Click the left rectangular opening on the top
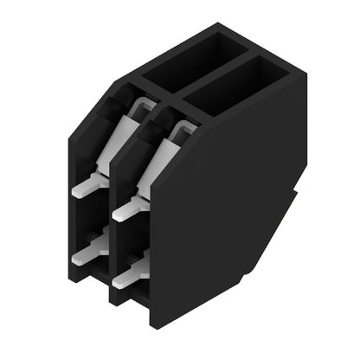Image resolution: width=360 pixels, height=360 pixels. click(x=189, y=58)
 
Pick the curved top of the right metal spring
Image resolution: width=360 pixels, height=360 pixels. click(x=183, y=127)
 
